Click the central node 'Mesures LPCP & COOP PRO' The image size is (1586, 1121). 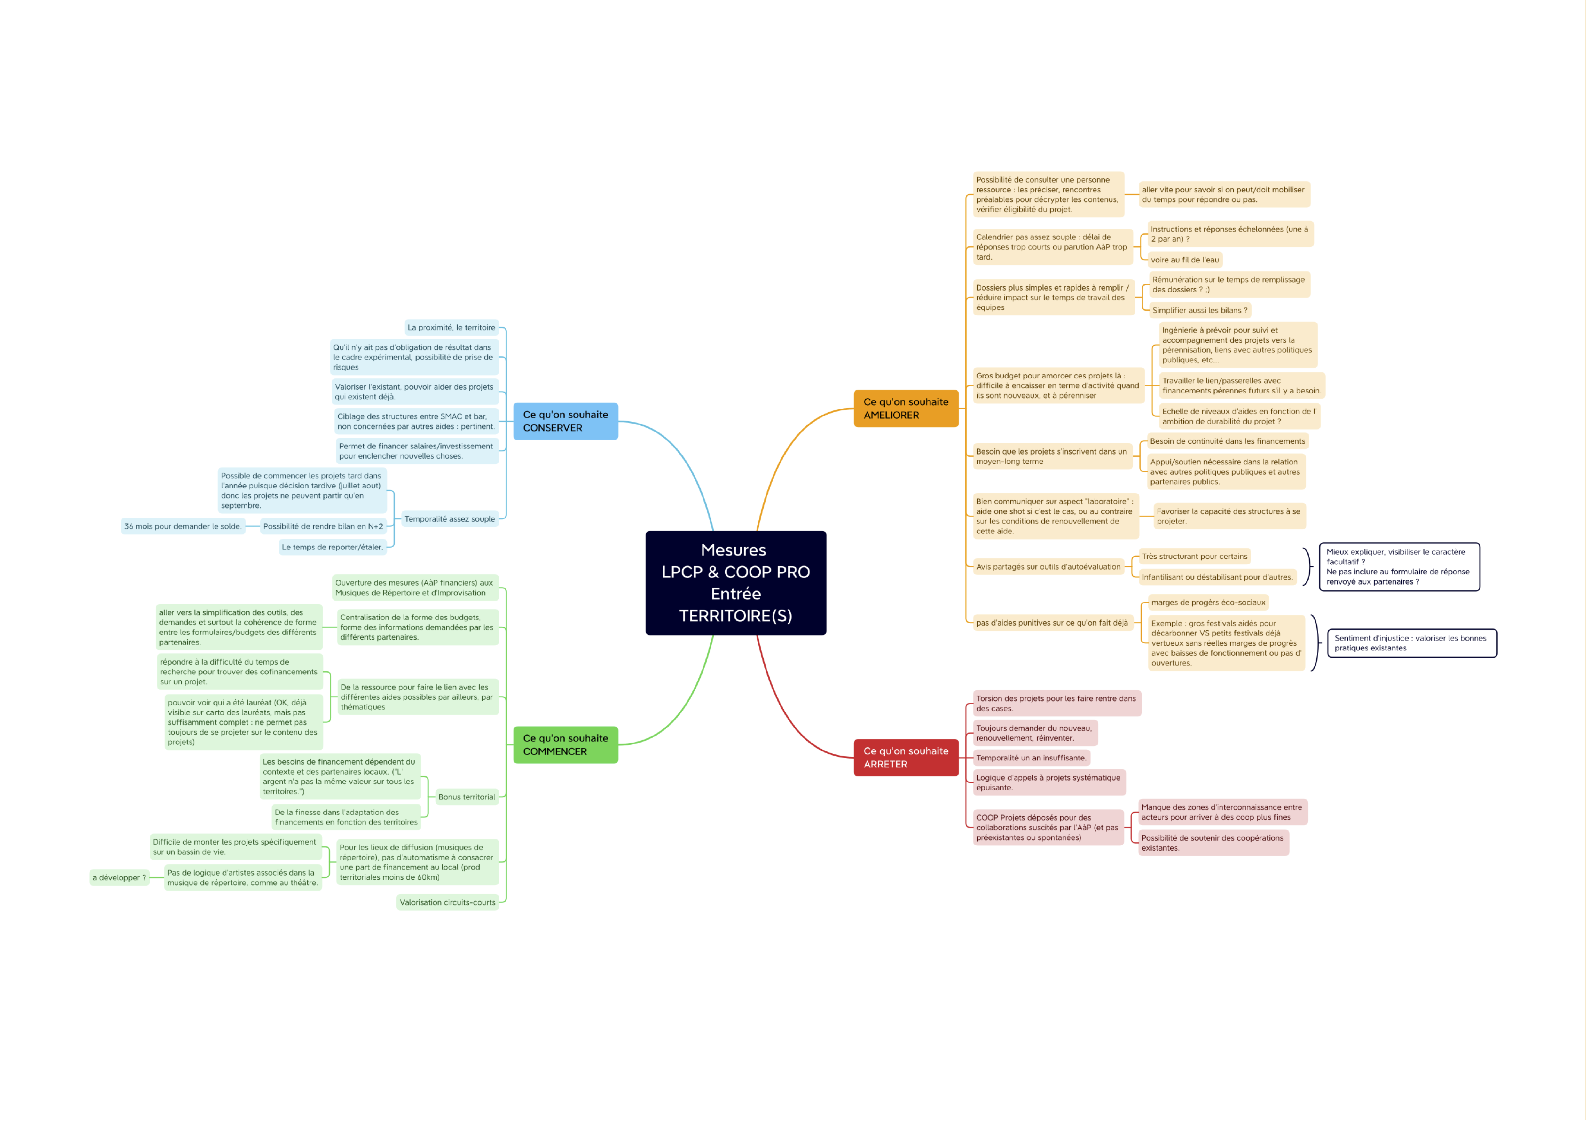(x=736, y=583)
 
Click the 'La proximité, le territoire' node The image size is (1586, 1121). (x=451, y=327)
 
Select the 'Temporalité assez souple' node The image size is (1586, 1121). (x=450, y=519)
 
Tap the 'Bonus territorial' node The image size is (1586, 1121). (x=466, y=797)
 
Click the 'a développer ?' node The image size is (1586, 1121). (x=120, y=878)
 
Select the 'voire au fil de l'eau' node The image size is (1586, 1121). (x=1185, y=260)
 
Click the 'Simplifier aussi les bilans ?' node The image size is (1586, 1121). (x=1200, y=310)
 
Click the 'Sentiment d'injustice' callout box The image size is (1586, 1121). (x=1412, y=643)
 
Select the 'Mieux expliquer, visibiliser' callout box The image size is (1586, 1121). (x=1400, y=567)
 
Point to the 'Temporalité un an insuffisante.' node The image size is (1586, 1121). (x=1031, y=758)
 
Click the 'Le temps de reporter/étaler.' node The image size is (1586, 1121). (x=332, y=547)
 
